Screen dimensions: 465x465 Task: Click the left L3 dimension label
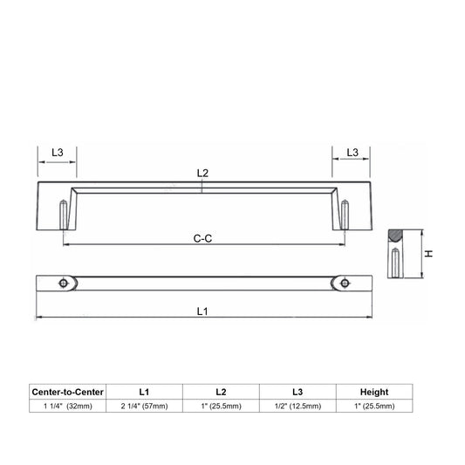pyautogui.click(x=58, y=153)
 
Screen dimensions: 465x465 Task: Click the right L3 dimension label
pyautogui.click(x=352, y=153)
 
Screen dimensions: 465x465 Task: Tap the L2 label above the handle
pyautogui.click(x=203, y=173)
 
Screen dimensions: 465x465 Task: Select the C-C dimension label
pyautogui.click(x=202, y=238)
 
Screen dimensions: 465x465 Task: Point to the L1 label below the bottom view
pyautogui.click(x=202, y=311)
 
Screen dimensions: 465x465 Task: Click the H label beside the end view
pyautogui.click(x=429, y=254)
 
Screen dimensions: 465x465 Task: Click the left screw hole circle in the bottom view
pyautogui.click(x=63, y=284)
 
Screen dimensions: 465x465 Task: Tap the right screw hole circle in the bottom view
pyautogui.click(x=345, y=284)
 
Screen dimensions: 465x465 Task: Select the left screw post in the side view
pyautogui.click(x=64, y=215)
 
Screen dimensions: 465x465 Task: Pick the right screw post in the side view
pyautogui.click(x=345, y=215)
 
